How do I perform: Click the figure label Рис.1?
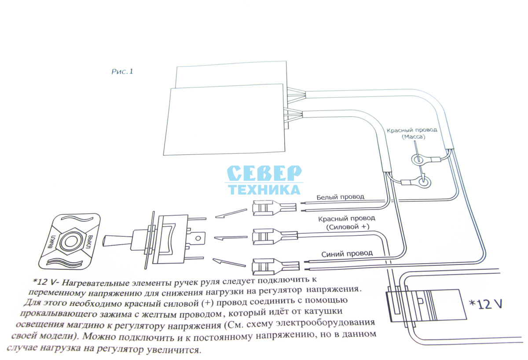click(x=122, y=71)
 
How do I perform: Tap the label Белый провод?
click(x=340, y=197)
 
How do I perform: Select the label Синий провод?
click(x=347, y=253)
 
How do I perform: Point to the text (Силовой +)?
click(x=348, y=227)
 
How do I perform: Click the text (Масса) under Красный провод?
click(x=414, y=137)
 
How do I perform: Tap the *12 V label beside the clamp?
click(x=486, y=304)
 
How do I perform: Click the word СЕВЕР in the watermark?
click(x=264, y=173)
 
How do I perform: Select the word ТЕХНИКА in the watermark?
click(x=264, y=190)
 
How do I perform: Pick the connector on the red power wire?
click(x=275, y=236)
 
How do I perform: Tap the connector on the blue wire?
click(x=275, y=266)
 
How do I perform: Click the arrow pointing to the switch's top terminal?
click(x=231, y=213)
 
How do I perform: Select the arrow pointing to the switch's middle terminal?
click(x=231, y=238)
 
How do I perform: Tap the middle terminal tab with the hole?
click(x=198, y=238)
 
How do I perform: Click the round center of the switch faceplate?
click(x=70, y=242)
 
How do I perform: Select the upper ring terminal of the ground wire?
click(x=418, y=159)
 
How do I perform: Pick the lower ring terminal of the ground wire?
click(x=424, y=182)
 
